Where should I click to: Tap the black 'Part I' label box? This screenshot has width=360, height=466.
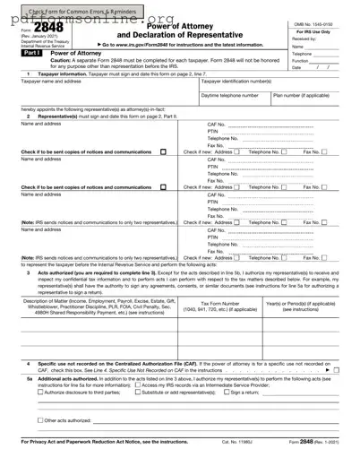19,53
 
